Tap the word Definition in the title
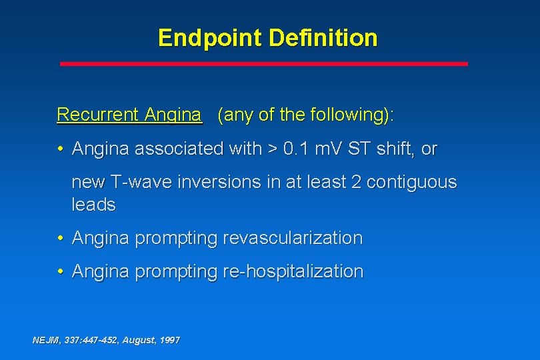click(x=323, y=38)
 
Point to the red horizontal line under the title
click(x=264, y=64)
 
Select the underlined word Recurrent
click(x=97, y=115)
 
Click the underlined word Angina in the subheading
click(x=173, y=115)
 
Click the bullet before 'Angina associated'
click(x=60, y=149)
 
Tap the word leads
click(x=93, y=205)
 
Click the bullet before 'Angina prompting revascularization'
click(x=60, y=238)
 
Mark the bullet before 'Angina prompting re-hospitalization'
click(x=60, y=271)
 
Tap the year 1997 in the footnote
click(x=169, y=340)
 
